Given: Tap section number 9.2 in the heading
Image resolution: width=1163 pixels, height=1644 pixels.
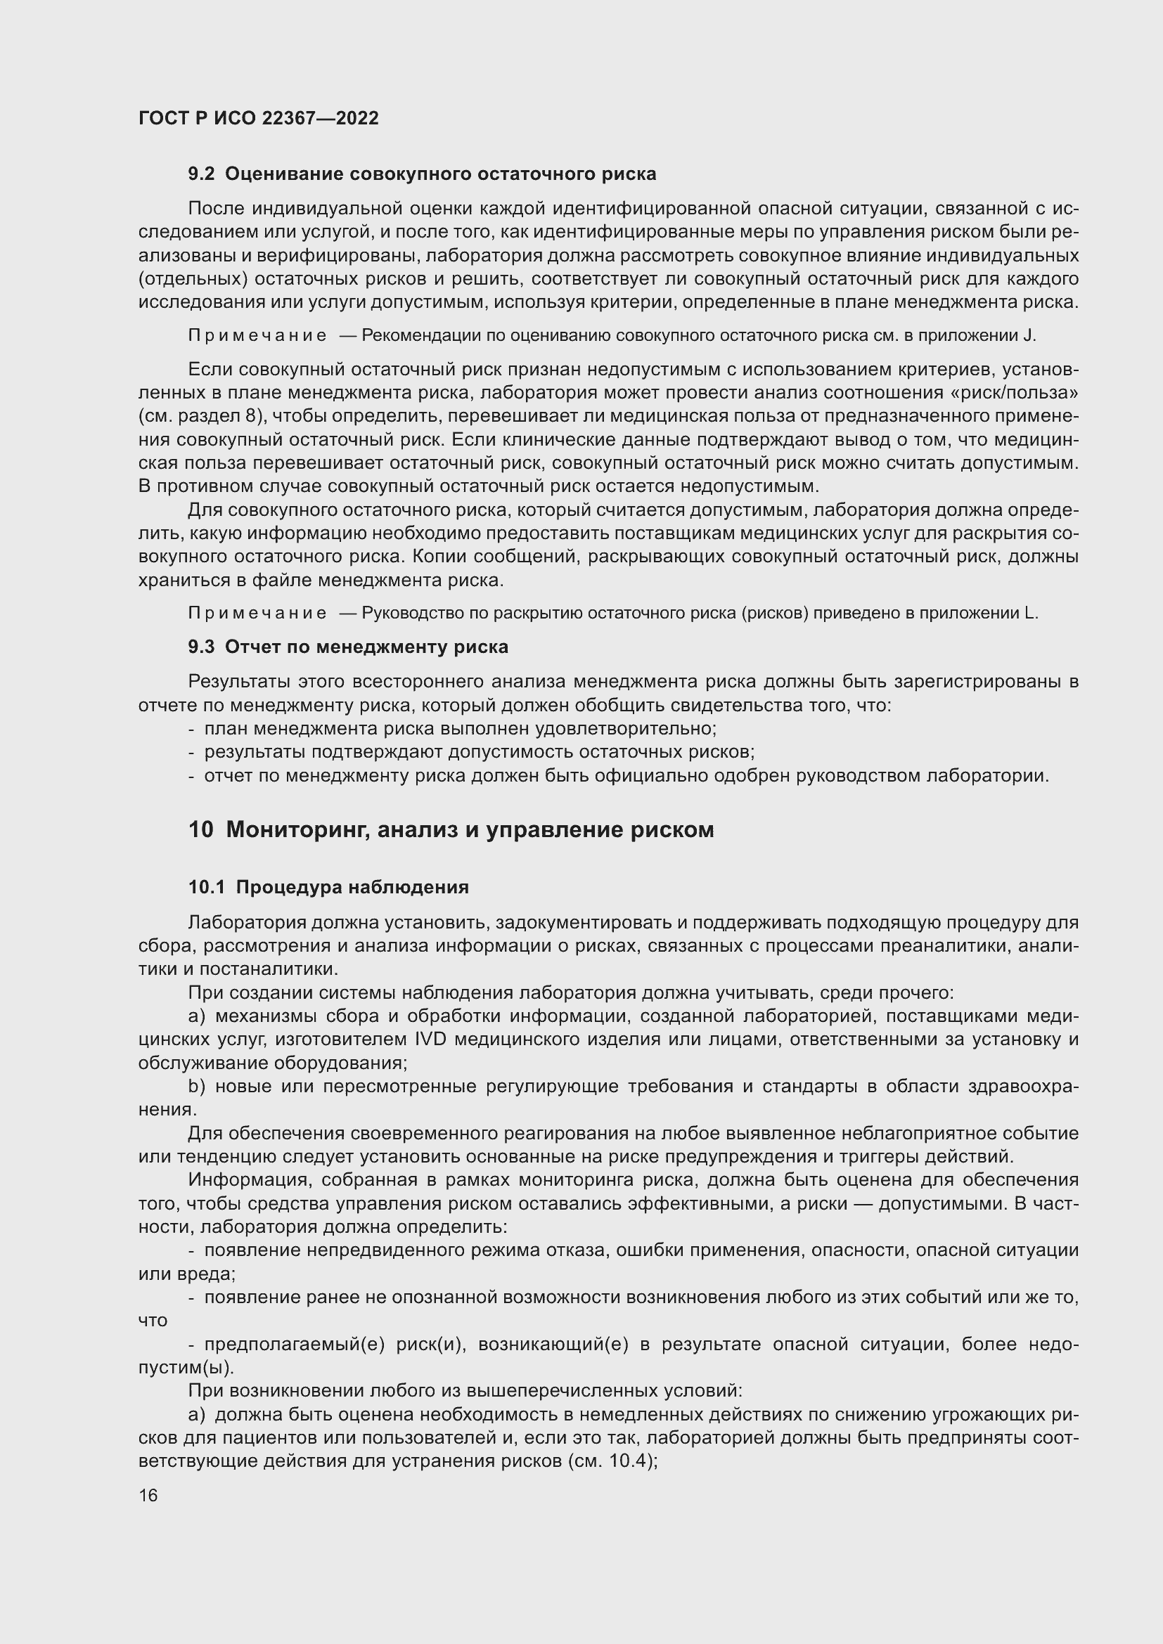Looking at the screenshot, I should tap(201, 174).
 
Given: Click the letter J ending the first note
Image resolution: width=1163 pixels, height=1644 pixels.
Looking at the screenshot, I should tap(1032, 336).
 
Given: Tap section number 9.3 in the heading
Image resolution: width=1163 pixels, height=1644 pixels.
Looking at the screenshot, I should tap(201, 647).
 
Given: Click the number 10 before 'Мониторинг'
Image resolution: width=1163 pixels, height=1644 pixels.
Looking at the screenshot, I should tap(201, 830).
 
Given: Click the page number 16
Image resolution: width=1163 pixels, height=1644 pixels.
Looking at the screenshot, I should tap(148, 1496).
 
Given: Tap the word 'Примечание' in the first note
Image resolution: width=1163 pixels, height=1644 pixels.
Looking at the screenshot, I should tap(257, 336).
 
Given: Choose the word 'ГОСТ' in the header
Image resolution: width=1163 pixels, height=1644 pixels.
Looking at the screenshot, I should tap(162, 119).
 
